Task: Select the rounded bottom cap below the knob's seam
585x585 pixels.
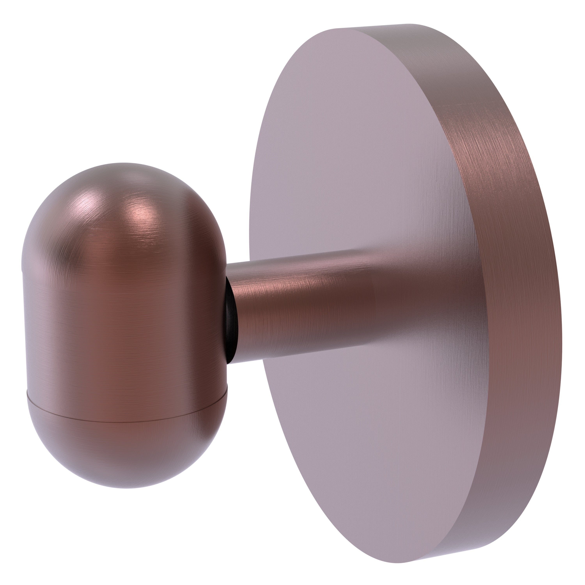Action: coord(127,451)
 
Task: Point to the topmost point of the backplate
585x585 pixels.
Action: coord(409,24)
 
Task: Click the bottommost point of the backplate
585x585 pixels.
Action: coord(400,562)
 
